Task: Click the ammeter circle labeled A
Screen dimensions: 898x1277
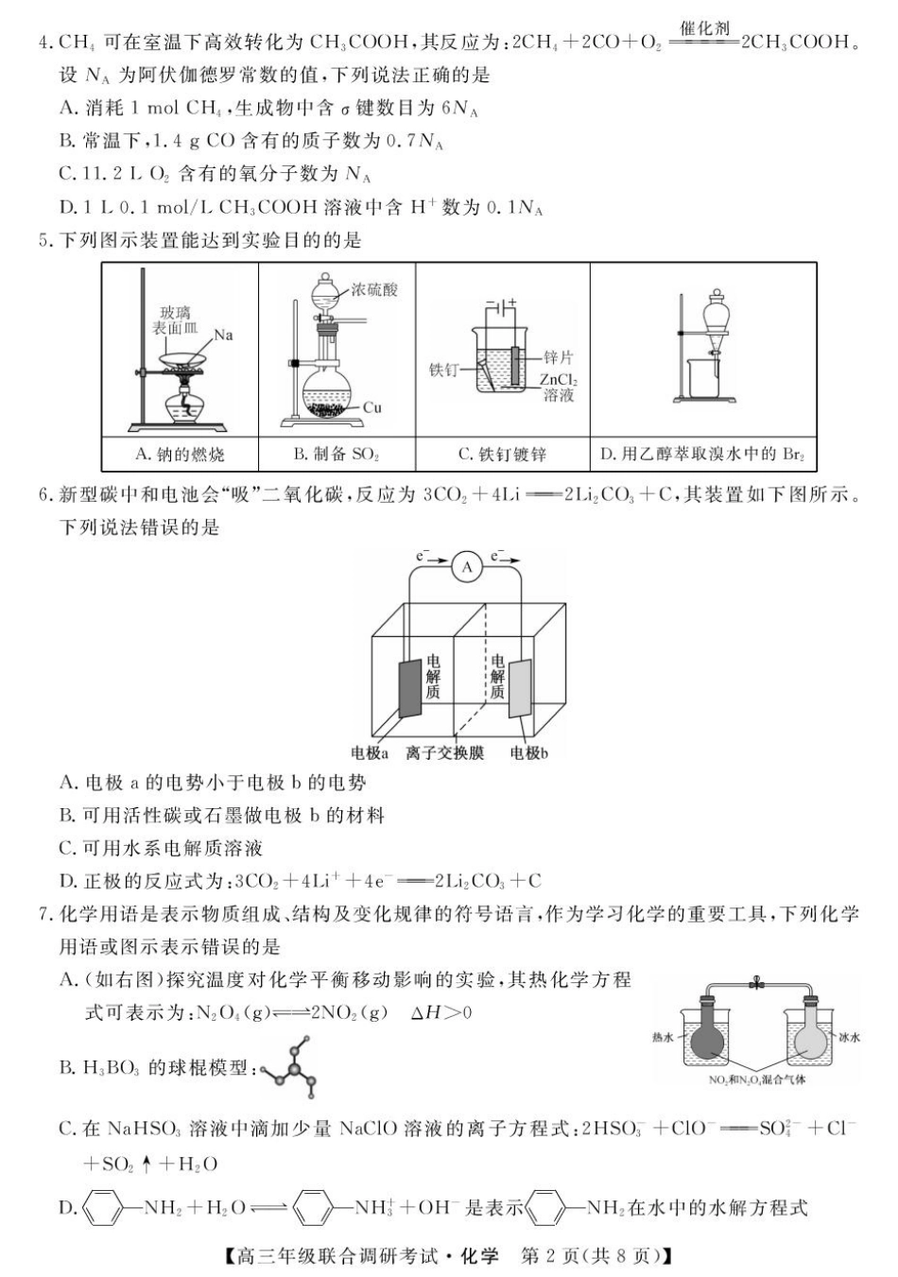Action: (x=466, y=566)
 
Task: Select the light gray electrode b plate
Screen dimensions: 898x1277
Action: (x=520, y=688)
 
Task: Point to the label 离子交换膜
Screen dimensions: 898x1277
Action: (x=444, y=753)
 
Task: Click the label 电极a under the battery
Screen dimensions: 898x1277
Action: (x=370, y=753)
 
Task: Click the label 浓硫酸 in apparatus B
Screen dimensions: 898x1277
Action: (x=374, y=290)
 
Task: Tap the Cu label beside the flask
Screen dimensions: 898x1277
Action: (x=372, y=407)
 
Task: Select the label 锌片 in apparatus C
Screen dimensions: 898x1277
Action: (x=558, y=357)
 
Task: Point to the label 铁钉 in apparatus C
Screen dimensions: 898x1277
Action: (x=443, y=370)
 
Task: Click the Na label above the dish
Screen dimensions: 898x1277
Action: (x=223, y=335)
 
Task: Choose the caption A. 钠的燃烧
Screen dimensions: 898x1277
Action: (x=180, y=455)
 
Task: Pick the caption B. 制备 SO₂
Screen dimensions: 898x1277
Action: (x=337, y=455)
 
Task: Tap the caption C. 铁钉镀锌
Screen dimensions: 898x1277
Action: (x=502, y=455)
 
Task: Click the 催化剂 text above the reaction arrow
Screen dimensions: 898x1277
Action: (x=705, y=28)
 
